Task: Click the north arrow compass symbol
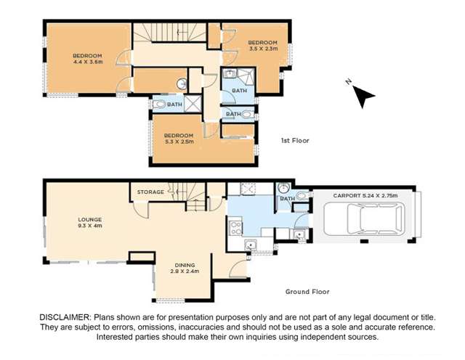tap(361, 94)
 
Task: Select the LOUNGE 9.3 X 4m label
tap(91, 222)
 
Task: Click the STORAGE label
tap(150, 192)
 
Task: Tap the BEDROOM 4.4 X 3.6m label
tap(87, 59)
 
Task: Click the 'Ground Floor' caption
tap(307, 291)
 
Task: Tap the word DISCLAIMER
tap(63, 318)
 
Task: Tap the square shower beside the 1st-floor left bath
tap(193, 105)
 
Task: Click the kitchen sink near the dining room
tap(251, 245)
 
